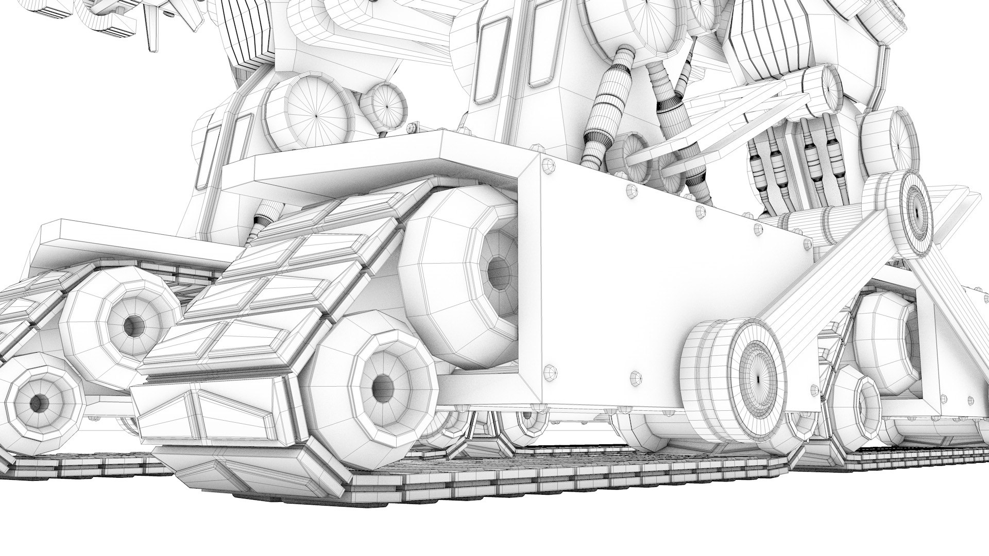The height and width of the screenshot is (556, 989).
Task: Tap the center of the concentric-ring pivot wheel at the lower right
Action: [x=758, y=378]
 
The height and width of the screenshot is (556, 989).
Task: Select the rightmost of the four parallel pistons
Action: [x=834, y=165]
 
